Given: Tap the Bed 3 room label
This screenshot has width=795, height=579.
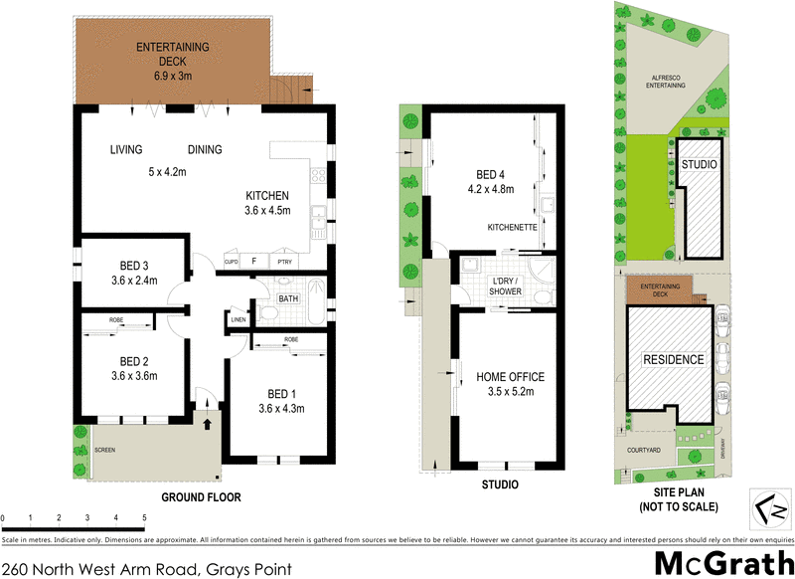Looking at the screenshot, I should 134,265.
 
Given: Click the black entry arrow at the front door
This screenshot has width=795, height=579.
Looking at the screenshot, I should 208,424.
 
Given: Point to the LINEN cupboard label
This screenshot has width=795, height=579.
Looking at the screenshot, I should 238,319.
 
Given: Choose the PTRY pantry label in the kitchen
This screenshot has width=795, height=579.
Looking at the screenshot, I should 285,261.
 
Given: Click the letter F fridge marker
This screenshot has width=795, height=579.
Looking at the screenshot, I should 254,261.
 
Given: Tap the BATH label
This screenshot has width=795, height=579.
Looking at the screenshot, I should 288,298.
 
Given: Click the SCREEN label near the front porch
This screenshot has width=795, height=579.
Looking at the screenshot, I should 104,450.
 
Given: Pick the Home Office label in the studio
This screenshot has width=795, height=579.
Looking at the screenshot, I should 511,376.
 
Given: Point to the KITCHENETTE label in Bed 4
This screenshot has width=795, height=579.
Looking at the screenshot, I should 512,228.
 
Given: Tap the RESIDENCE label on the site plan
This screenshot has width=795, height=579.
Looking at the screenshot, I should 672,359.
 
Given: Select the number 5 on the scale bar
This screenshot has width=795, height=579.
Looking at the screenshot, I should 144,518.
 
